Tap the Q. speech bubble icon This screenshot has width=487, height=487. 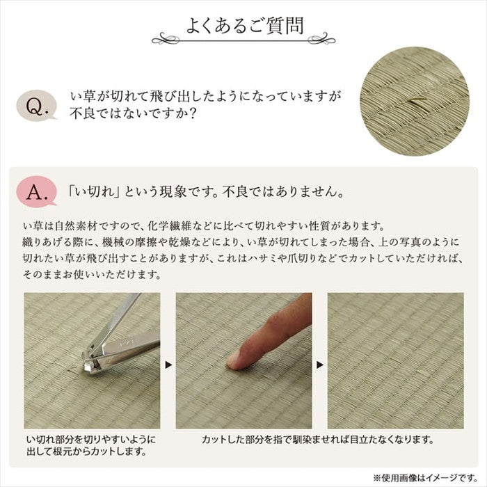[36, 106]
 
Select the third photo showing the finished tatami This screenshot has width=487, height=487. [395, 360]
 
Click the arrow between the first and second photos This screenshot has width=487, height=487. [168, 363]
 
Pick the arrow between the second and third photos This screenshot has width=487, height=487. [319, 363]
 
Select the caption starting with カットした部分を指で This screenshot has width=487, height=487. [317, 440]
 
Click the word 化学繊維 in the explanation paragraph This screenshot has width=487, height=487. [170, 227]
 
